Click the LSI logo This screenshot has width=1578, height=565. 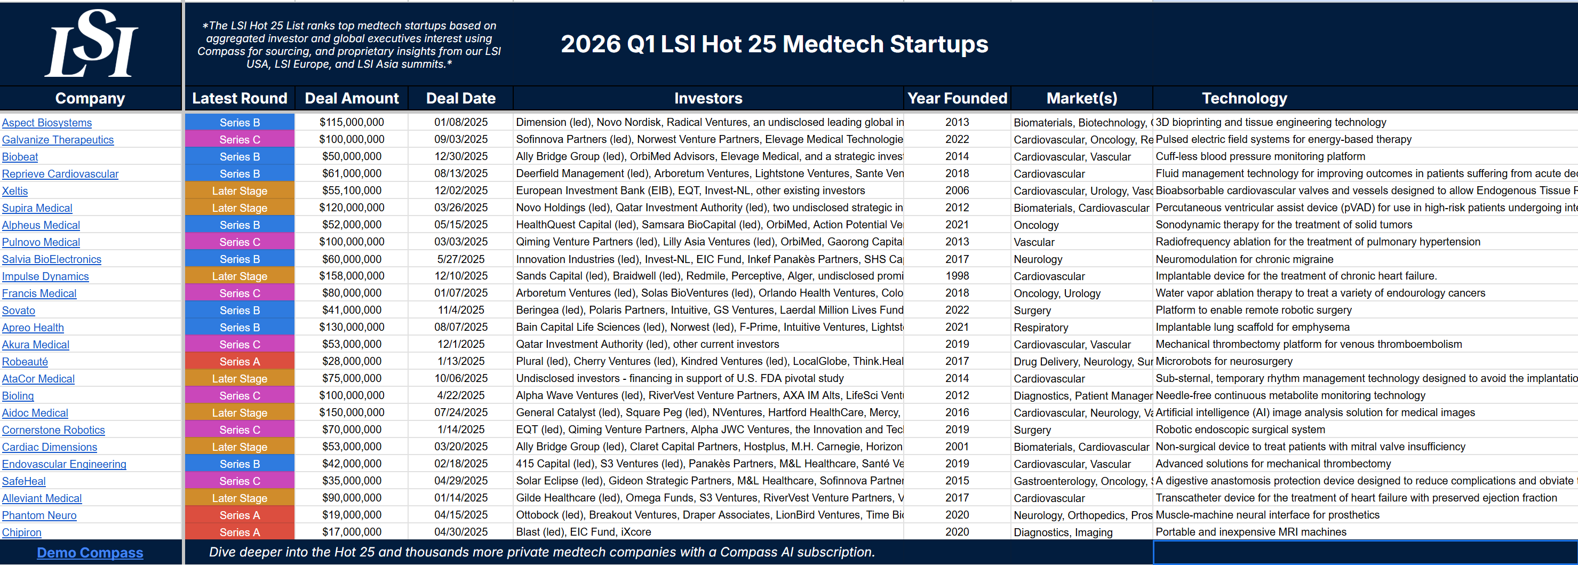(x=91, y=45)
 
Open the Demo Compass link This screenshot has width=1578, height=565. (x=90, y=553)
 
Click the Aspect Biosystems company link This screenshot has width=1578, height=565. (x=47, y=123)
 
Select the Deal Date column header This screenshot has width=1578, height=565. (x=461, y=98)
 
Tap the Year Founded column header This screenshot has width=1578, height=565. (x=957, y=98)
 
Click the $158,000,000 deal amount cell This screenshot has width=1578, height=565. (x=352, y=276)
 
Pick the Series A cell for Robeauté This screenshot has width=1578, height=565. (x=240, y=362)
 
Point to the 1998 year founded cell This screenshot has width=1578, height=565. (x=957, y=276)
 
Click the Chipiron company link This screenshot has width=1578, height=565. (x=22, y=532)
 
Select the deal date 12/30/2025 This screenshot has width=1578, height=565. (x=461, y=157)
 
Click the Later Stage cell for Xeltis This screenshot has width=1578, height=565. (x=240, y=191)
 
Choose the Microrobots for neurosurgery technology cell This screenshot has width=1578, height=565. (x=1224, y=362)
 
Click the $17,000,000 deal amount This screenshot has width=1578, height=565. (x=352, y=532)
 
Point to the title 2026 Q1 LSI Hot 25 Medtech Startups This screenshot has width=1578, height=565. (x=774, y=44)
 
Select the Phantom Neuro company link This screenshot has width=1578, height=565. (x=39, y=515)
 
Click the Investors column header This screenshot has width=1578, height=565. (x=708, y=98)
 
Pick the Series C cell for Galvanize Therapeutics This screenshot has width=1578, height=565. (x=240, y=140)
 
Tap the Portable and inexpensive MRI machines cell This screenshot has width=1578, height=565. (x=1251, y=532)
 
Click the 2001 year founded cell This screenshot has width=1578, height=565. (x=957, y=447)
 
